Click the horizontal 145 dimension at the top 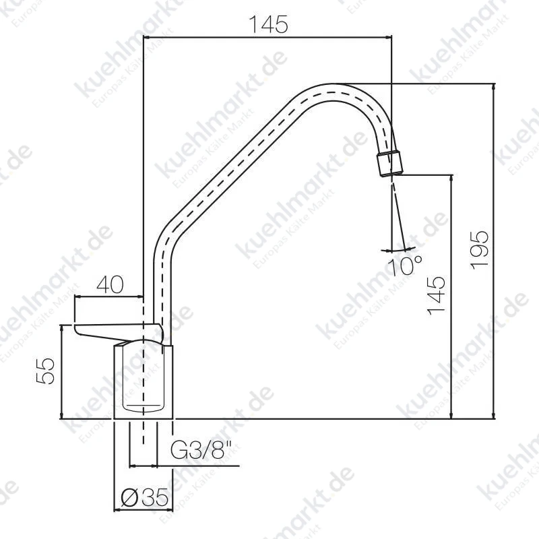268,25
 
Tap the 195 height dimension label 479,250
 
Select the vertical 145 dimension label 436,296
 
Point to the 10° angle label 405,265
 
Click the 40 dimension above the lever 110,284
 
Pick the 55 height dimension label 45,371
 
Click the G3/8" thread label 201,449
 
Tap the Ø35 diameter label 145,497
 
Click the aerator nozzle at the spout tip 390,163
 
